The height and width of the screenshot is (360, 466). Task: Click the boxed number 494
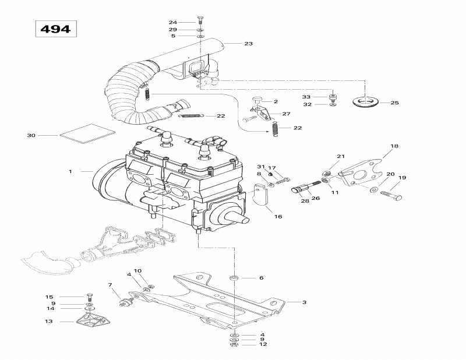click(55, 29)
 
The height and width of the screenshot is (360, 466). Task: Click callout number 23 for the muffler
click(248, 44)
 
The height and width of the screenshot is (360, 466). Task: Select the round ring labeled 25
click(366, 103)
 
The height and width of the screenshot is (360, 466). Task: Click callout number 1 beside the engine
click(70, 171)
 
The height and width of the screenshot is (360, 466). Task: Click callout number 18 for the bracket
click(394, 146)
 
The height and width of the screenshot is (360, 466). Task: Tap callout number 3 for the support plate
click(303, 302)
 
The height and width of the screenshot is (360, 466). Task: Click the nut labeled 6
click(234, 278)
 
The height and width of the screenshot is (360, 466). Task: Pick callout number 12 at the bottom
click(263, 345)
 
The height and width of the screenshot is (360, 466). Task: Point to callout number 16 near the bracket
click(278, 216)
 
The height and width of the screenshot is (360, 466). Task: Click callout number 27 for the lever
click(286, 114)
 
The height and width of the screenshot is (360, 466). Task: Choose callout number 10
click(137, 271)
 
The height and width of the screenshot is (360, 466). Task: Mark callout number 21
click(341, 157)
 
